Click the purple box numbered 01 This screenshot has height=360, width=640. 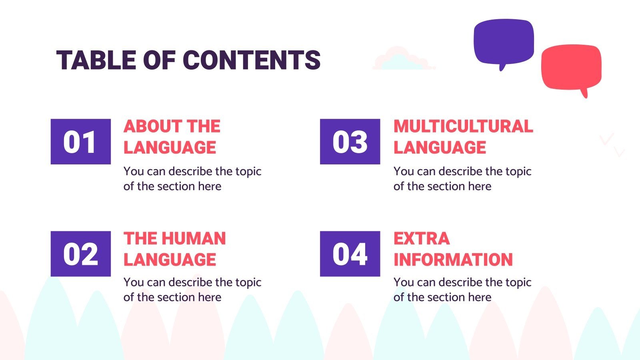80,142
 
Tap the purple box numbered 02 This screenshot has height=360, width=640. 80,254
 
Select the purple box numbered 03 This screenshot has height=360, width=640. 350,142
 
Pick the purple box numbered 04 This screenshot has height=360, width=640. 350,254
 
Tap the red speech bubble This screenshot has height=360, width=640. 571,67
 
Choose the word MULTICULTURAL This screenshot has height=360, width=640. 463,126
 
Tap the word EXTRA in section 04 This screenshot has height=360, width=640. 422,239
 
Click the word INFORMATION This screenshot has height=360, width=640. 453,260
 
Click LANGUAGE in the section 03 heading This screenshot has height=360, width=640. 440,148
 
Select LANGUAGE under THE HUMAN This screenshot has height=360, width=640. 170,260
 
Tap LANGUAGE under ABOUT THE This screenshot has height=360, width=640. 170,148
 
